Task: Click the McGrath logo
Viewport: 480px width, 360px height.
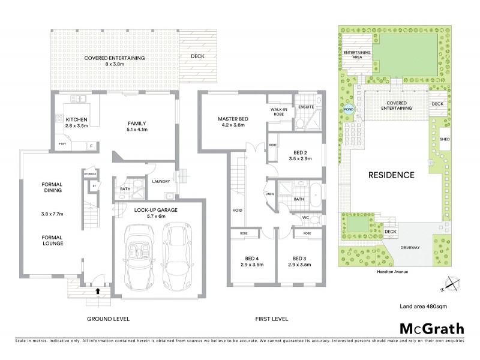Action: tap(431, 328)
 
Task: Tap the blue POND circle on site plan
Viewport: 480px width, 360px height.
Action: tap(348, 110)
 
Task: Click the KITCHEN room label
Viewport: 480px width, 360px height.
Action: tap(76, 120)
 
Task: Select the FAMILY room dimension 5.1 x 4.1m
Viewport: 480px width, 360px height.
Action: tap(137, 129)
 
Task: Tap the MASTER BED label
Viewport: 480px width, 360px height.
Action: tap(233, 119)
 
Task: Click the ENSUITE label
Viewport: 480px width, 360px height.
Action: tap(307, 107)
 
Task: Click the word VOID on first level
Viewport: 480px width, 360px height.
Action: tap(238, 210)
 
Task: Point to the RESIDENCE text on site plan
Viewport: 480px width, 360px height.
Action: tap(391, 175)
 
